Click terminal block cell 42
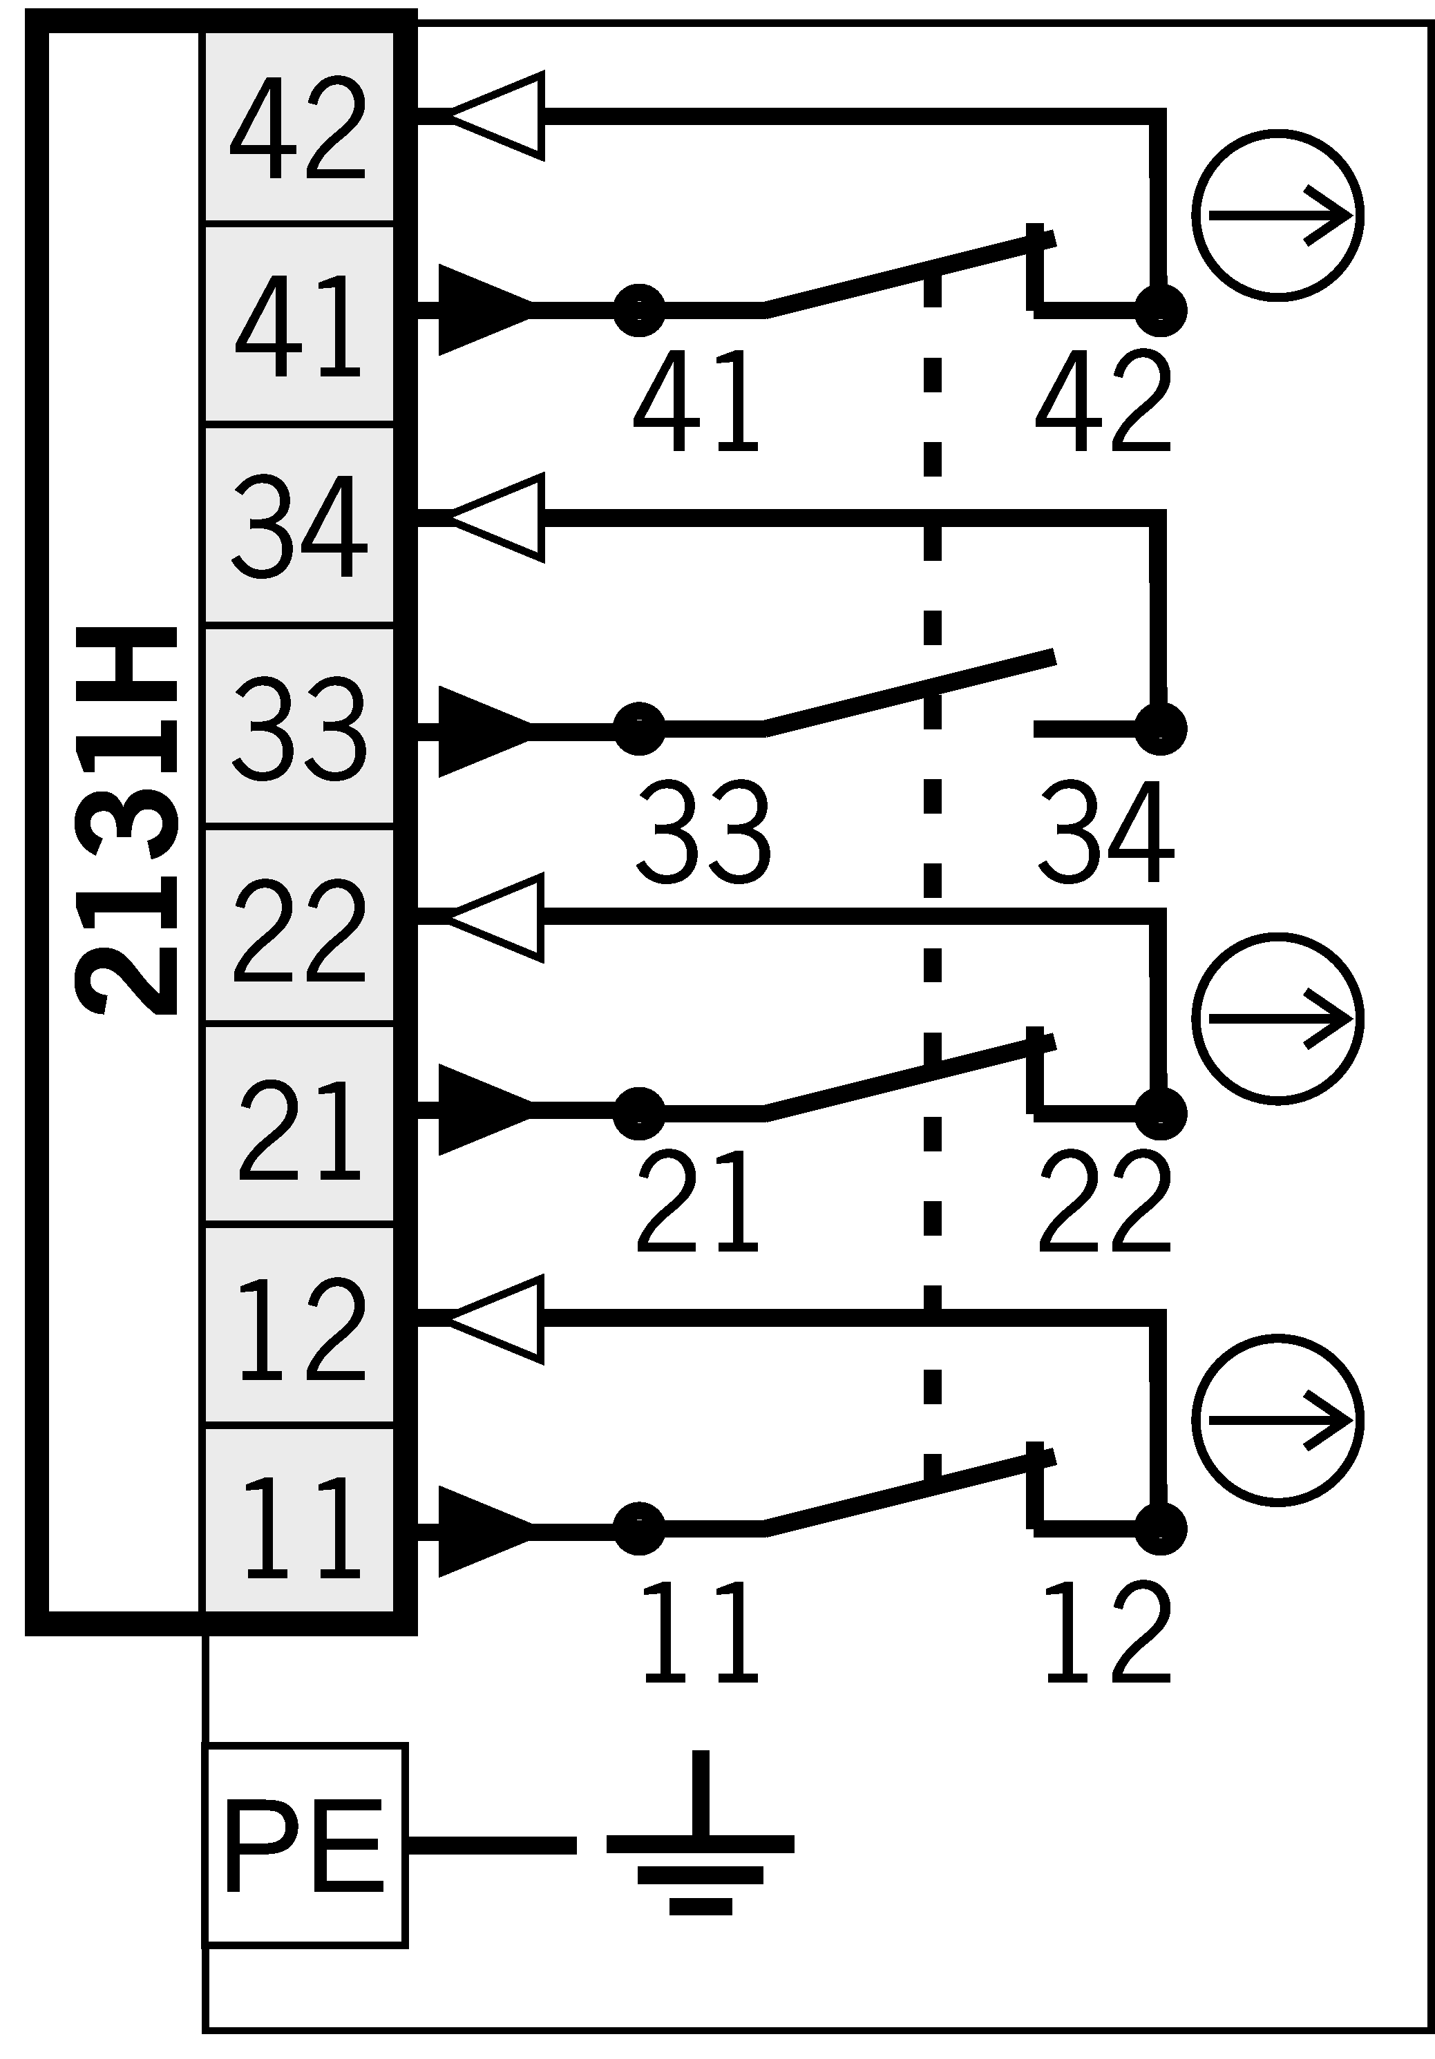coord(298,126)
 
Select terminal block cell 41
coord(298,324)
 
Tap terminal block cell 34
coord(298,526)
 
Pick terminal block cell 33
coord(298,727)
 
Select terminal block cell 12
coord(298,1328)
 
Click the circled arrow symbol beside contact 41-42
coord(1277,216)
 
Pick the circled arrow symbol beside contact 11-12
coord(1277,1419)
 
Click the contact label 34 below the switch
coord(1105,832)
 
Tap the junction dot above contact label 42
coord(1161,310)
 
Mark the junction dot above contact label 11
coord(638,1529)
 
